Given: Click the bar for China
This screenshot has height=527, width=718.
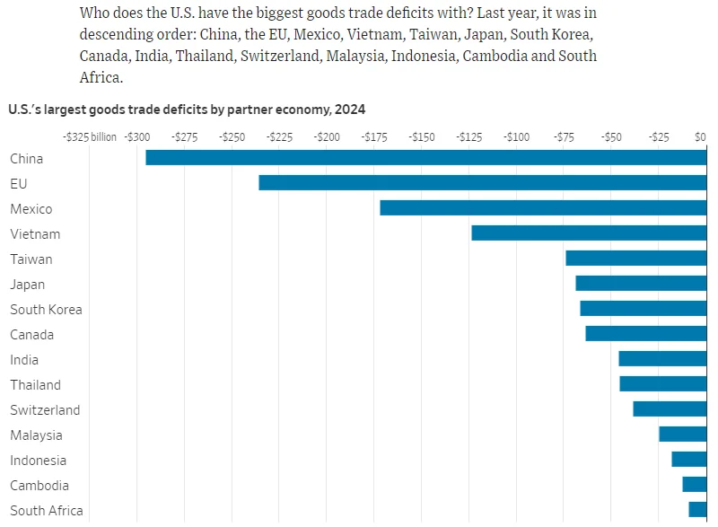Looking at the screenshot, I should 426,158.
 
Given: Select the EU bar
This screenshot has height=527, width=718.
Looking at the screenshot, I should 483,183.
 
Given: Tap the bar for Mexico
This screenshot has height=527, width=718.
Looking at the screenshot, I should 543,208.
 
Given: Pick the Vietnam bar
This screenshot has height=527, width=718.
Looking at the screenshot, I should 589,233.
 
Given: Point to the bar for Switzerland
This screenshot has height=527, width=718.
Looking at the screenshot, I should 670,409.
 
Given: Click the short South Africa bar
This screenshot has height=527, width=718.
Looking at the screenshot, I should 697,510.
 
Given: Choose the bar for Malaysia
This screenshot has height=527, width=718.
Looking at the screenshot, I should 683,435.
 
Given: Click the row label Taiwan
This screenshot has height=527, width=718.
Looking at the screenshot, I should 31,259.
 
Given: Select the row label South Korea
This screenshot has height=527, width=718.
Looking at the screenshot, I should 46,310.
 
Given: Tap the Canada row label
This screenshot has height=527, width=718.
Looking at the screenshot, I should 32,335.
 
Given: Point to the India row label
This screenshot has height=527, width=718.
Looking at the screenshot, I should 24,360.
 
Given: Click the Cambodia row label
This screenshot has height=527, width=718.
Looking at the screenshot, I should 39,486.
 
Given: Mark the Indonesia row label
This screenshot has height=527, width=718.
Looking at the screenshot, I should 39,461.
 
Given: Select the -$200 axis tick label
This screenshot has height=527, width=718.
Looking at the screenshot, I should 327,137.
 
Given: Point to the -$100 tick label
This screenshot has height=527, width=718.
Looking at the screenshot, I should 516,137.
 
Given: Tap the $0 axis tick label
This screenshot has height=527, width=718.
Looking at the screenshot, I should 701,137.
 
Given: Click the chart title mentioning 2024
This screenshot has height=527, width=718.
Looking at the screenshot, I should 187,109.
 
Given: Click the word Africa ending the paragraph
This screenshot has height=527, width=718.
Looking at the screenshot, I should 101,77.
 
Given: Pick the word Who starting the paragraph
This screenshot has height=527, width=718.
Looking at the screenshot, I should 95,13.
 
